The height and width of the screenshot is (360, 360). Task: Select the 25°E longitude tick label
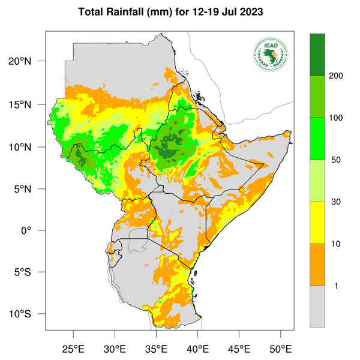73,349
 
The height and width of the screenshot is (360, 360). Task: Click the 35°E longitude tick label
156,349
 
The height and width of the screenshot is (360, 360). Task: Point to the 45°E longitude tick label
239,349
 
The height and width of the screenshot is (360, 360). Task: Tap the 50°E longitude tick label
280,349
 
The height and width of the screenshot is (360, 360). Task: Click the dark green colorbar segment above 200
317,55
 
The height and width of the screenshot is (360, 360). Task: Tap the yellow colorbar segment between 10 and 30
317,223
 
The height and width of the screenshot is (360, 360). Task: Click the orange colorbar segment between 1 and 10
317,265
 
